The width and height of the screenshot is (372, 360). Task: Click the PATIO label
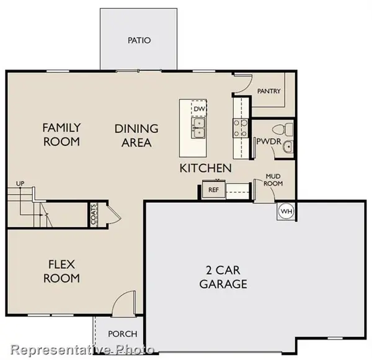(139, 41)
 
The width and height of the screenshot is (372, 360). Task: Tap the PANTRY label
(268, 92)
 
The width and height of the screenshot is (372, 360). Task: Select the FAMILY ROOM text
(61, 135)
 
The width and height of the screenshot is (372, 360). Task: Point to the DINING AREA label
(136, 135)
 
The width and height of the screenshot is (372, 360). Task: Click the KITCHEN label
(206, 168)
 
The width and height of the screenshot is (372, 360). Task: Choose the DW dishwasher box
(199, 109)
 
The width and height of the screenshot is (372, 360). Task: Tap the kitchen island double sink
(199, 128)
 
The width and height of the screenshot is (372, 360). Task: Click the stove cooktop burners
(240, 128)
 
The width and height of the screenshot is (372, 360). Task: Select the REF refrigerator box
(213, 190)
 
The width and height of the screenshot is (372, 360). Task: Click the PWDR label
(266, 142)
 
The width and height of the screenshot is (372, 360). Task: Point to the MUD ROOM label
(273, 180)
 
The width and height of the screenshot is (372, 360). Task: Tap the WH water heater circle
(286, 211)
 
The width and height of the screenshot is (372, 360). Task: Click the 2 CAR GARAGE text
(223, 277)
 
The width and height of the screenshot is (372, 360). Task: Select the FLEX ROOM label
(61, 271)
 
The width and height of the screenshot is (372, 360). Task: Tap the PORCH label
(123, 334)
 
